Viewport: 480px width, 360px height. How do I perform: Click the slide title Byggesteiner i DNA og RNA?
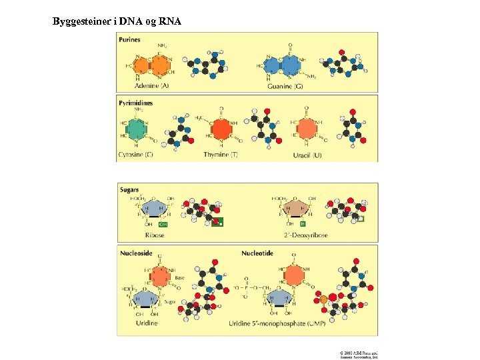point(117,21)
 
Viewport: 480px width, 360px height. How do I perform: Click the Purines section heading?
point(129,40)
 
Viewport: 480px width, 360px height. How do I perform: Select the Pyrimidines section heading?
point(135,103)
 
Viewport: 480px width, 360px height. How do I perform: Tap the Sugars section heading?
point(129,190)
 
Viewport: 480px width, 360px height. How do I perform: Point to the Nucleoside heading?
point(137,253)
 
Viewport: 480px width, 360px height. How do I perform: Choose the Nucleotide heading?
point(257,253)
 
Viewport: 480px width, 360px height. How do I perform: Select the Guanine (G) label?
point(285,86)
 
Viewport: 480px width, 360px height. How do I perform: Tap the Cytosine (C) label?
point(135,155)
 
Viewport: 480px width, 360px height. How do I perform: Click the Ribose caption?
point(155,235)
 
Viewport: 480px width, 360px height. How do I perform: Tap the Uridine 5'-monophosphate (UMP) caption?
point(287,323)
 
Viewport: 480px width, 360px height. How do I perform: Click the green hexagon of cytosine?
point(138,129)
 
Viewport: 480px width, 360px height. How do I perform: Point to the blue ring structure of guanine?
point(281,65)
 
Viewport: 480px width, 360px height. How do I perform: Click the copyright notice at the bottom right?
point(359,355)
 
